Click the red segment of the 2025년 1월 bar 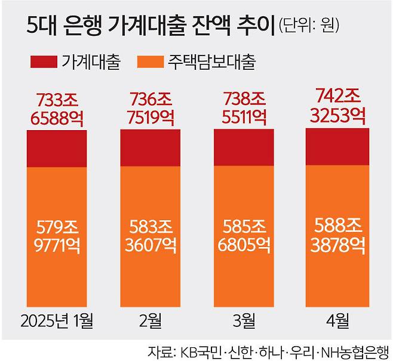[57, 148]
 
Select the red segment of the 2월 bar [151, 147]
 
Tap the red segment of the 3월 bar [243, 147]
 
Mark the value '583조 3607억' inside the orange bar [151, 236]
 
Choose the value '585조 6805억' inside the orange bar [243, 236]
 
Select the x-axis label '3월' [243, 321]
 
